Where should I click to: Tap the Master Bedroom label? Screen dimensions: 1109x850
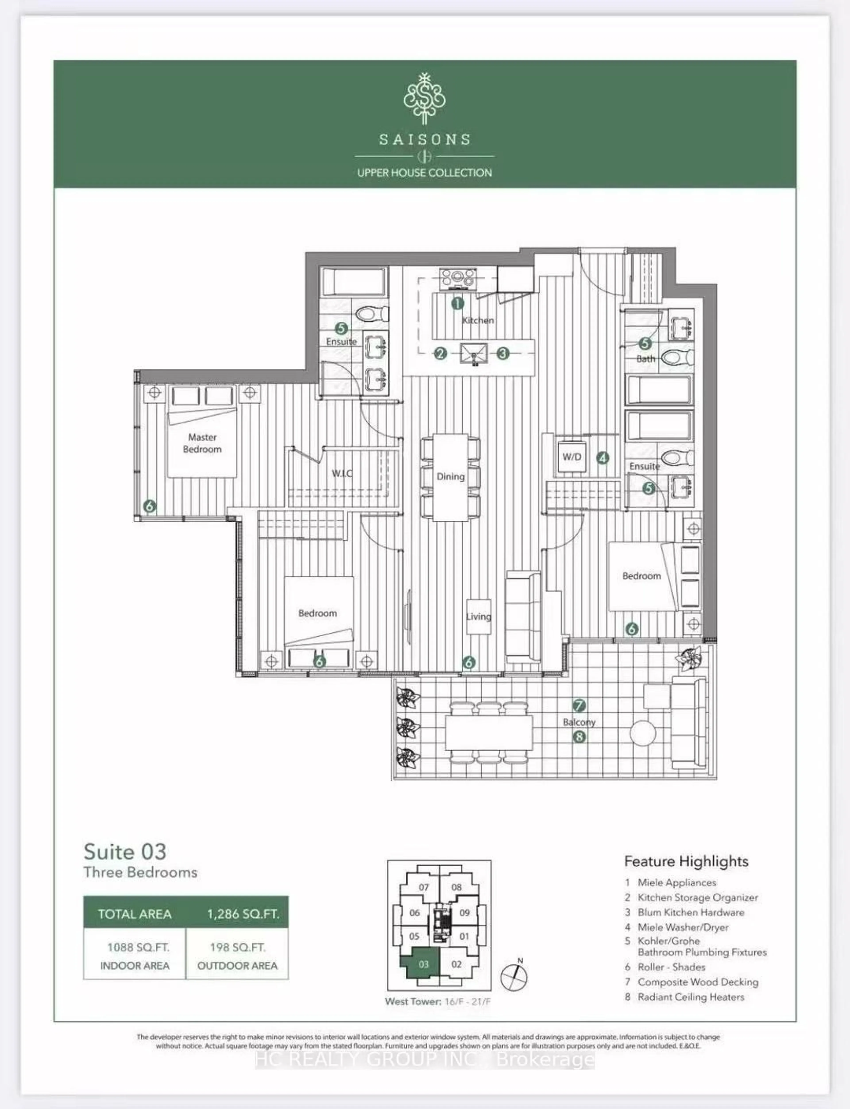(x=202, y=443)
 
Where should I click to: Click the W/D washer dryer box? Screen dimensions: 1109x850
(x=572, y=457)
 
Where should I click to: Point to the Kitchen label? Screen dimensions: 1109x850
(x=478, y=320)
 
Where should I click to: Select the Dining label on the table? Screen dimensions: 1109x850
(x=450, y=477)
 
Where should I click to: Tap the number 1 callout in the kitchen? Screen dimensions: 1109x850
(x=457, y=303)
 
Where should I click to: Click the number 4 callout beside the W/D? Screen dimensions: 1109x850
(x=602, y=458)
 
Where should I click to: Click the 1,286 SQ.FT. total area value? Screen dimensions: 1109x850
(x=243, y=914)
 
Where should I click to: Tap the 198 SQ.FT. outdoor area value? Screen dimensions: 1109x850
(x=237, y=947)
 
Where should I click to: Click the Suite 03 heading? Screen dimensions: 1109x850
(x=125, y=852)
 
